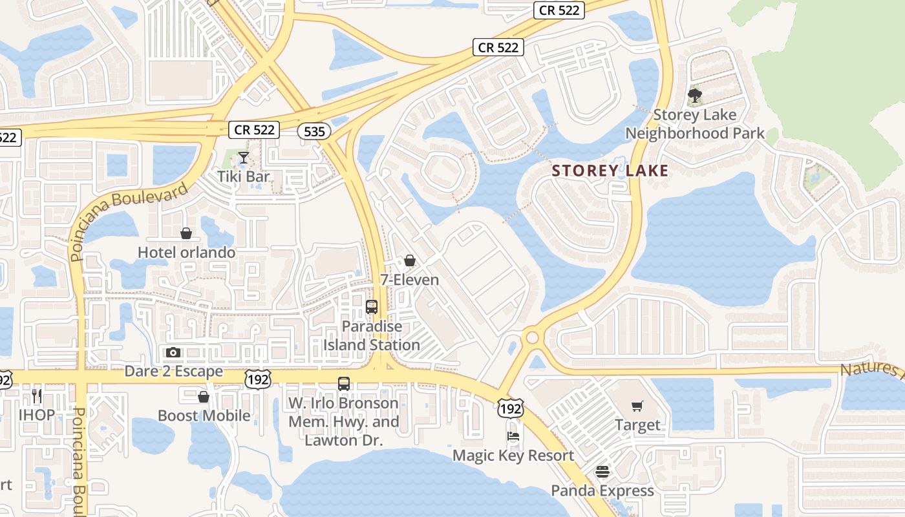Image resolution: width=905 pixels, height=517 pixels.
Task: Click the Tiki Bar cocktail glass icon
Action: click(x=243, y=157)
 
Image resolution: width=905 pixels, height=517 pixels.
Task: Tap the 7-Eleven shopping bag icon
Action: click(x=409, y=260)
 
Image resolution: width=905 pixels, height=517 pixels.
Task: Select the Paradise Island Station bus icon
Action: click(x=372, y=307)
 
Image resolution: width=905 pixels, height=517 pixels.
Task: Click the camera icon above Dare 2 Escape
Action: click(x=173, y=352)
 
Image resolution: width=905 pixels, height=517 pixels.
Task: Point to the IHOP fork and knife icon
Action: click(x=37, y=396)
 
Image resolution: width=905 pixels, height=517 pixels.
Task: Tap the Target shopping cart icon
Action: click(x=637, y=406)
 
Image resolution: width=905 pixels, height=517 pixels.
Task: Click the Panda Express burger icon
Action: click(x=602, y=472)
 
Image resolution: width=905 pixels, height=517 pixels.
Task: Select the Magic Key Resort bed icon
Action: click(x=513, y=436)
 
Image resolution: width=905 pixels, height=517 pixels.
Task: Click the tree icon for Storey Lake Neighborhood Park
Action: click(x=695, y=96)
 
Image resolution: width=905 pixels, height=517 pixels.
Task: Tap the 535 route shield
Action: click(x=314, y=131)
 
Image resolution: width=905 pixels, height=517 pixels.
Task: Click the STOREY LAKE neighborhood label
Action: click(x=610, y=171)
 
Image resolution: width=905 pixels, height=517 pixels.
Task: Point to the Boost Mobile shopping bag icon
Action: click(x=204, y=397)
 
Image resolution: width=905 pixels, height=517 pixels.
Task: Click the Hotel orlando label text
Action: click(x=187, y=252)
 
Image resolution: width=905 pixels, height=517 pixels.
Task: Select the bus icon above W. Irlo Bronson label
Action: click(x=344, y=384)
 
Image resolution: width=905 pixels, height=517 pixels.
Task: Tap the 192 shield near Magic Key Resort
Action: click(x=510, y=408)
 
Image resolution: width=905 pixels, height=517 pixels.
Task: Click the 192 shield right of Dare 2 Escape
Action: click(x=258, y=379)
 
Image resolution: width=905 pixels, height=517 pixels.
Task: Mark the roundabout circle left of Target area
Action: click(x=532, y=337)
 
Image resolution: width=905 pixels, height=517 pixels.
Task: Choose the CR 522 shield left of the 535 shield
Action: click(x=254, y=129)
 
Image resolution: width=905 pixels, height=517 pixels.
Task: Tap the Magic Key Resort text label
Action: click(x=513, y=456)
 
